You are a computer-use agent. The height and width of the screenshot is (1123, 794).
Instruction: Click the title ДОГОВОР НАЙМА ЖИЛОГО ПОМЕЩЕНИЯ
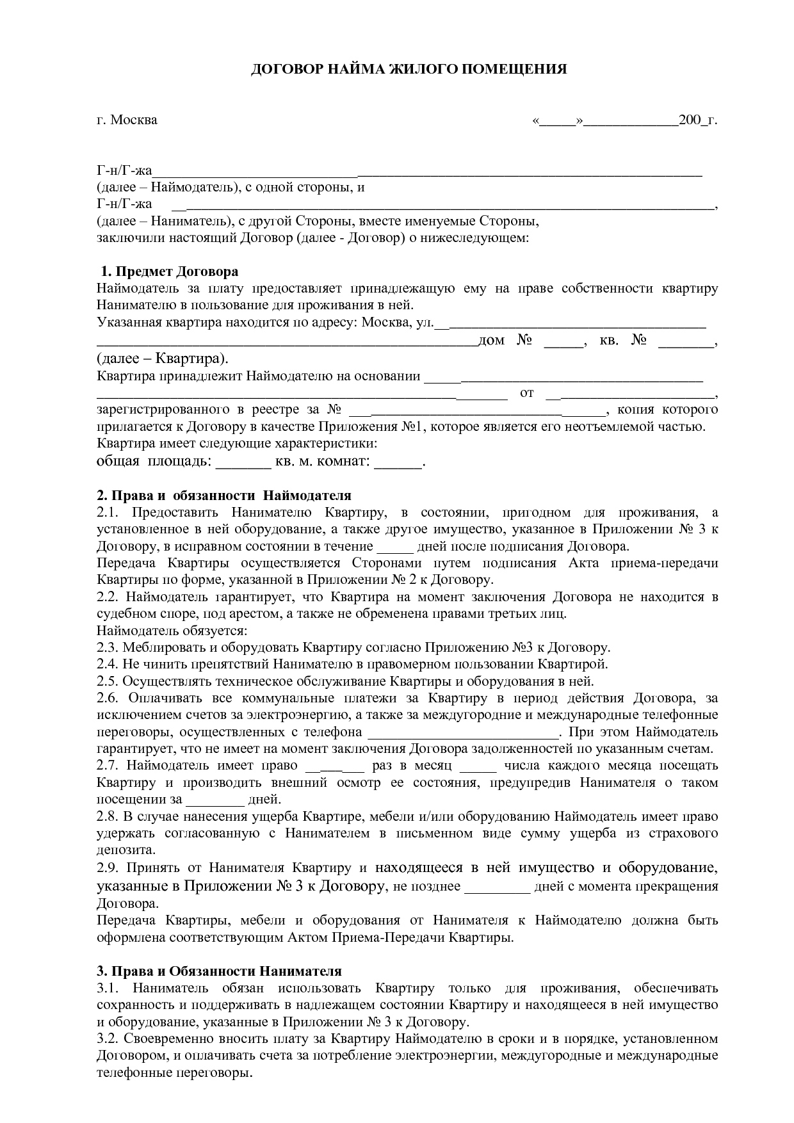pyautogui.click(x=408, y=69)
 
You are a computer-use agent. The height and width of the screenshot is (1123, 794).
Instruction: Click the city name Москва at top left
pyautogui.click(x=133, y=120)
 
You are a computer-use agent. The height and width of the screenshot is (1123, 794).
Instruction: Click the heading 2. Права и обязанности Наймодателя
pyautogui.click(x=223, y=496)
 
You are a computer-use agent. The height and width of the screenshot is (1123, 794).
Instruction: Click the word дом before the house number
pyautogui.click(x=491, y=340)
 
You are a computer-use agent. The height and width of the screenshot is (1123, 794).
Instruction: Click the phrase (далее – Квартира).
pyautogui.click(x=162, y=358)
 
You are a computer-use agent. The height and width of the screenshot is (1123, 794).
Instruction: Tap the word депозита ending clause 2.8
pyautogui.click(x=126, y=850)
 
